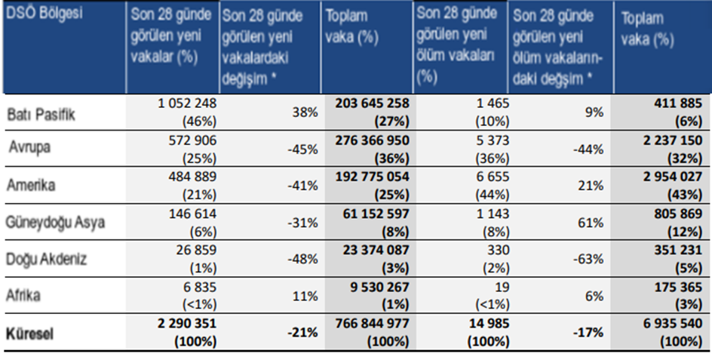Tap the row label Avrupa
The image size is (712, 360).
pos(30,148)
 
